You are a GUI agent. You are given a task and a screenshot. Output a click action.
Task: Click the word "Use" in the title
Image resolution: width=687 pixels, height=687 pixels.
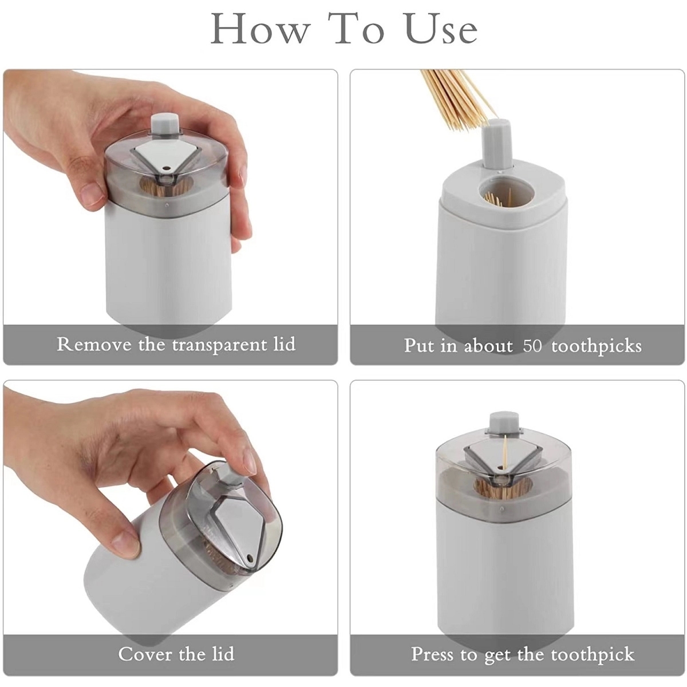pyautogui.click(x=441, y=29)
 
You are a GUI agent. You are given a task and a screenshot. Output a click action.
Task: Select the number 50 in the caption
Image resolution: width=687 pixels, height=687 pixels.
pyautogui.click(x=532, y=346)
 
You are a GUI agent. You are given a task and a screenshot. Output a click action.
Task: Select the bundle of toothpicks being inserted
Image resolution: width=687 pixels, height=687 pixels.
pyautogui.click(x=455, y=97)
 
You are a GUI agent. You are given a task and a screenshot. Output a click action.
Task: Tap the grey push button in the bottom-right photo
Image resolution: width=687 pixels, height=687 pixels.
pyautogui.click(x=500, y=421)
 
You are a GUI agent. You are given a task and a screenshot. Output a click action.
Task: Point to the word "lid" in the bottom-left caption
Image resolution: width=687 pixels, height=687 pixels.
pyautogui.click(x=221, y=654)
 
